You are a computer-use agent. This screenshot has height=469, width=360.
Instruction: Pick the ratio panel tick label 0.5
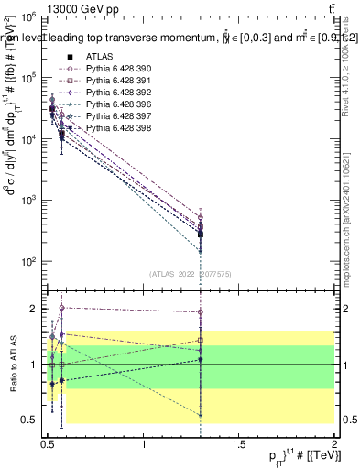pos(33,420)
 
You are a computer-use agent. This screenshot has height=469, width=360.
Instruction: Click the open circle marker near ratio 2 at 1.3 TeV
pos(200,312)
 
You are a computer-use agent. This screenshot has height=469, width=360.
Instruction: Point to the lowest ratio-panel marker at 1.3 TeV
pos(200,414)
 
